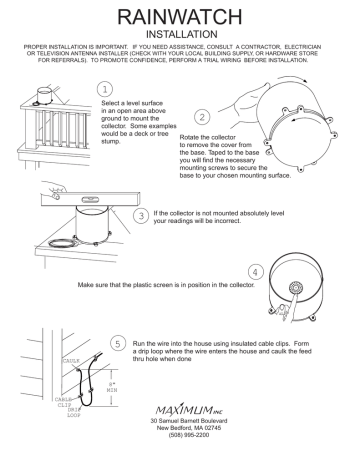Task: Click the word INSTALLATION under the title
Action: (x=180, y=33)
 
